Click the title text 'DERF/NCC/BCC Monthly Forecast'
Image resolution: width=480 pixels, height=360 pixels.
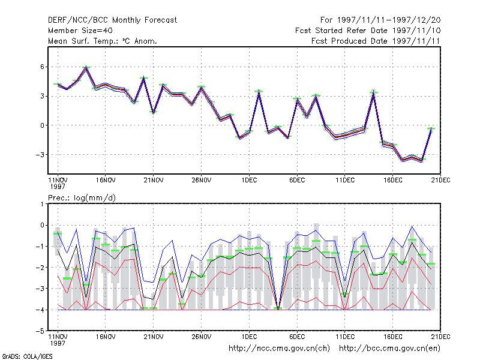click(112, 20)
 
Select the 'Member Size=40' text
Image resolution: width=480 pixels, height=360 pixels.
click(80, 31)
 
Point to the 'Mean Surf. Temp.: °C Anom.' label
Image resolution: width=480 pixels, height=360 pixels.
click(102, 41)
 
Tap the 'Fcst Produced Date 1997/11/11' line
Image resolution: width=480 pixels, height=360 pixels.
click(376, 41)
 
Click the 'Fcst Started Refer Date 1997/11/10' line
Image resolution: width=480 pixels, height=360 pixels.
click(368, 31)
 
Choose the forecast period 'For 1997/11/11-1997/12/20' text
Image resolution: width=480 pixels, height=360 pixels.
click(380, 20)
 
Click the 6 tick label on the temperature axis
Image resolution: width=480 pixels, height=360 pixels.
click(42, 67)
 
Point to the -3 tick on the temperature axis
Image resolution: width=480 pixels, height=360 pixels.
click(40, 155)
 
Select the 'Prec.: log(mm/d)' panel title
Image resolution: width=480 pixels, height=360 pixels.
click(82, 198)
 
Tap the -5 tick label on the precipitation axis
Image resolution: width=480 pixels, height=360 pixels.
click(40, 331)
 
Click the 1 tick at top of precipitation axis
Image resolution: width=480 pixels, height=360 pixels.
click(42, 204)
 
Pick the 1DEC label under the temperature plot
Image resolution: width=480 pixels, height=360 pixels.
click(249, 181)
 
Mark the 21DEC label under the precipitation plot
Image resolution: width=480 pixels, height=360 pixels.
click(440, 337)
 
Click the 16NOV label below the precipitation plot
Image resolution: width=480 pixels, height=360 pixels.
click(106, 337)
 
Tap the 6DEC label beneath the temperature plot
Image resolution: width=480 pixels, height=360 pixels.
click(297, 181)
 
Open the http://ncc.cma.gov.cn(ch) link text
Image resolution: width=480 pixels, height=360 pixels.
click(279, 349)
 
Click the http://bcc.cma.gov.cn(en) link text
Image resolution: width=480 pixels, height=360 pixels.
click(389, 349)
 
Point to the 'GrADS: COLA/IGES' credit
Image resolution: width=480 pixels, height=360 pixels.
click(27, 356)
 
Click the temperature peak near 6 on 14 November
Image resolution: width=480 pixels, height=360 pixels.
click(86, 67)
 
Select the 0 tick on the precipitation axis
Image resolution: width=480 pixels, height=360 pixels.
click(42, 226)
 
